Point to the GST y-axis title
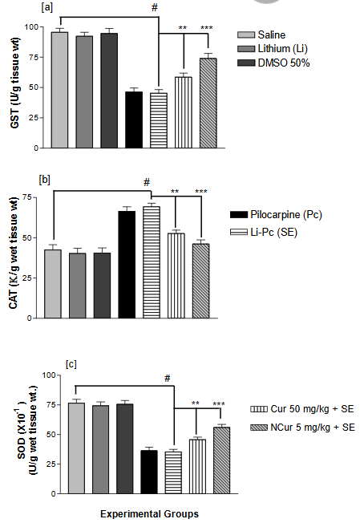[14, 88]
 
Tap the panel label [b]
[45, 178]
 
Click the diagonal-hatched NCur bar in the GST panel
[208, 103]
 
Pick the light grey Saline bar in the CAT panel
[53, 284]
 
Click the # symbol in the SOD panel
[168, 379]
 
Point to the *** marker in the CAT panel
[201, 192]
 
